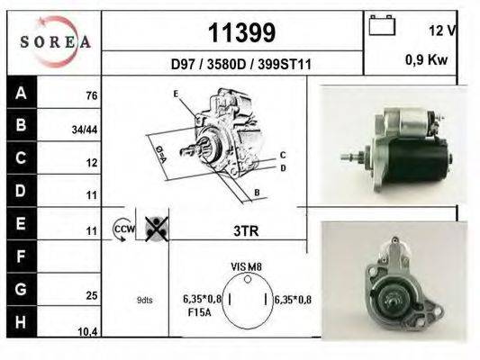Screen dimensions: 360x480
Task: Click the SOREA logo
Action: click(56, 40)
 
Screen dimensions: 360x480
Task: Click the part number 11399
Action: click(241, 33)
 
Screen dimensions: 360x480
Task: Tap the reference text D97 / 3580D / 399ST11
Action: click(241, 65)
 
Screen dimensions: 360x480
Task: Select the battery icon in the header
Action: click(382, 26)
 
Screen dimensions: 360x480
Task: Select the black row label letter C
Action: click(21, 159)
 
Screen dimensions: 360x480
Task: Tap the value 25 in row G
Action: click(91, 294)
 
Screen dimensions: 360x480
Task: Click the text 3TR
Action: click(246, 230)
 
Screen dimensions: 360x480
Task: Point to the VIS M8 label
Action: click(246, 267)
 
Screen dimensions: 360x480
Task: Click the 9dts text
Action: click(145, 301)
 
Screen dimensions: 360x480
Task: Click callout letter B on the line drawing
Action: click(257, 192)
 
